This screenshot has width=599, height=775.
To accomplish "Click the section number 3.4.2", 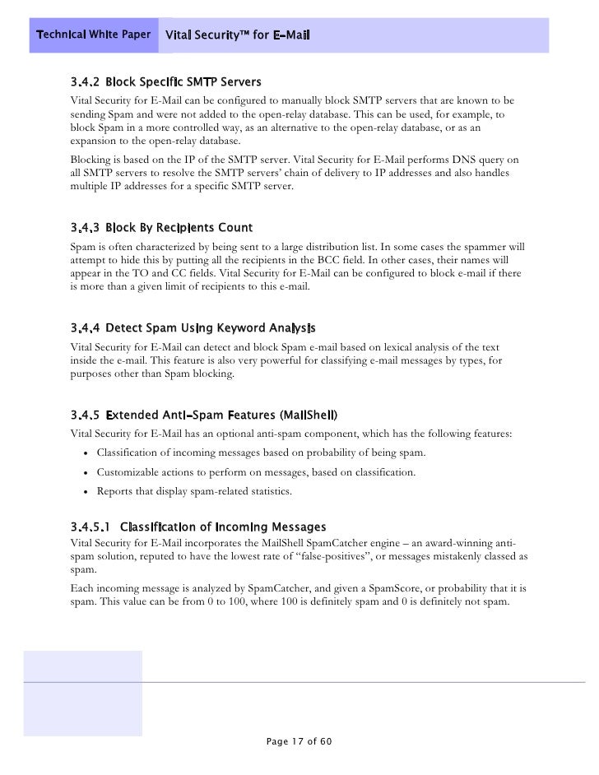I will click(x=84, y=83).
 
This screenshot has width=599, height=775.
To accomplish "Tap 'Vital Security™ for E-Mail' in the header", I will click(x=237, y=35).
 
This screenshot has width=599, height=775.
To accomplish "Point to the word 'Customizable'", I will click(x=129, y=473).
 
